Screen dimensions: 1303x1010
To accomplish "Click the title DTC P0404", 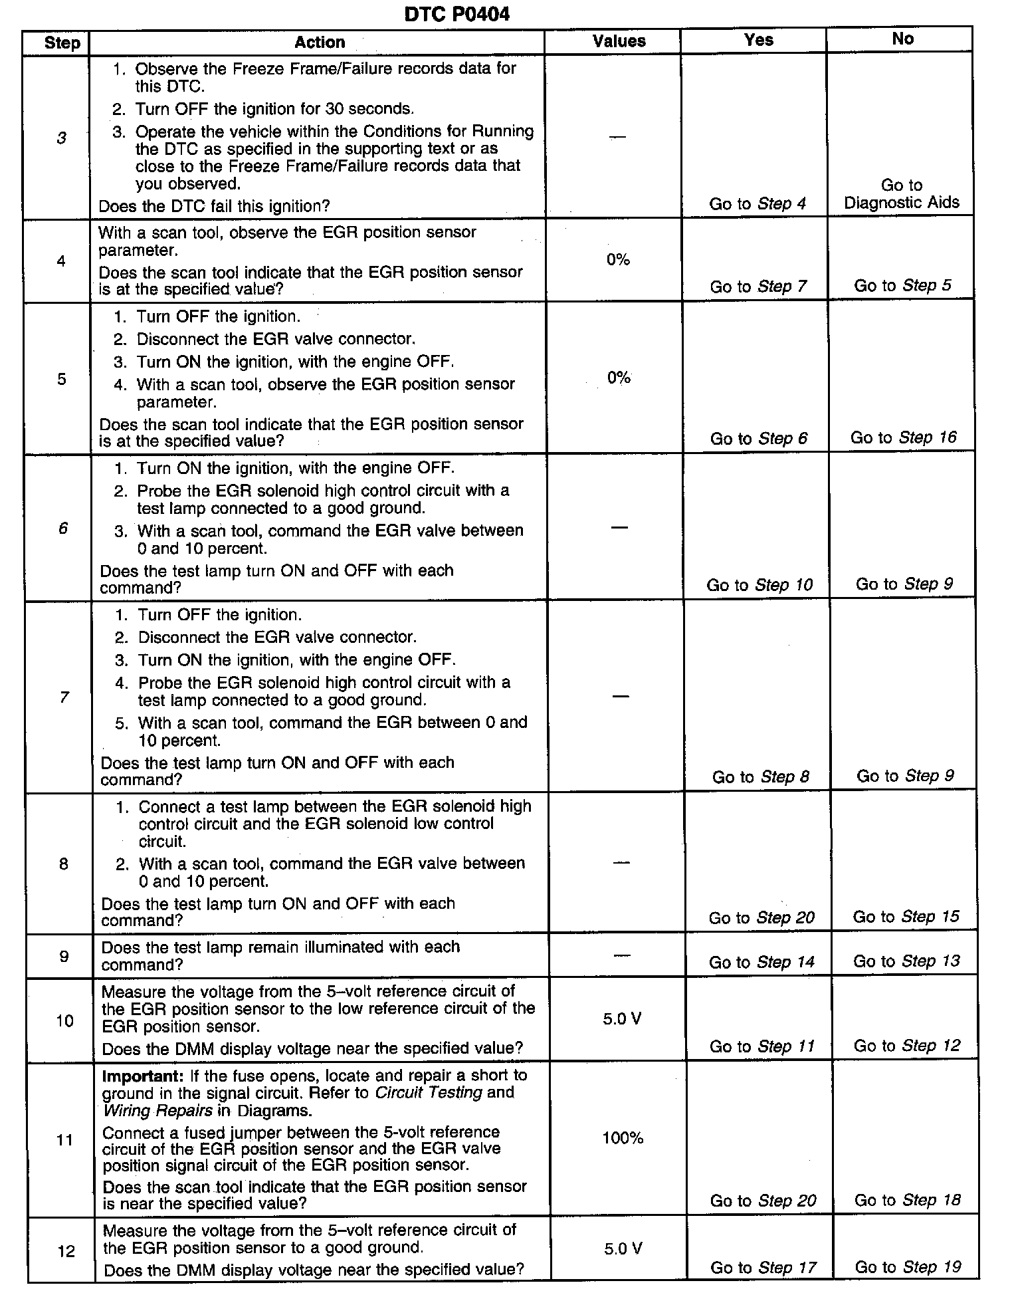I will point(456,14).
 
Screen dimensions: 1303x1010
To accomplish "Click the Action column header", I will point(320,43).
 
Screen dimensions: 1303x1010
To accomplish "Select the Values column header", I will point(619,41).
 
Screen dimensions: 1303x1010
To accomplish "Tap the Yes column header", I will point(758,40).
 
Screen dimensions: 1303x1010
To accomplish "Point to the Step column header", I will point(62,44).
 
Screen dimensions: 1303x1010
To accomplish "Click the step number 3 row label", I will point(61,138).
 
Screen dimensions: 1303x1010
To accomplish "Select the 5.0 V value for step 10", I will point(622,1019).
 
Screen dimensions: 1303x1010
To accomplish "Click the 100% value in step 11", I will point(623,1138).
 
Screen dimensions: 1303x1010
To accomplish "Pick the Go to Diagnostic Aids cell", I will point(902,194).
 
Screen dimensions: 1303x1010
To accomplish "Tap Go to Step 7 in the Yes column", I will point(758,287).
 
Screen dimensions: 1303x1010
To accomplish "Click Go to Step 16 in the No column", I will point(904,437).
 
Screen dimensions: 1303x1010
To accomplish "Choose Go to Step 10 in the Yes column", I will point(759,585).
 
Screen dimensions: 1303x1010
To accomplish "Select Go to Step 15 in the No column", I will point(906,917).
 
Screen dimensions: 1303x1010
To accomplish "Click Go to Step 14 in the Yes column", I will point(761,962).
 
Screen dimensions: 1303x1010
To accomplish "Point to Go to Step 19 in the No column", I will point(908,1267).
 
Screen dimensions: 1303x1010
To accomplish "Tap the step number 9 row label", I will point(64,957).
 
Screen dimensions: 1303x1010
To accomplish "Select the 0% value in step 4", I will point(618,260).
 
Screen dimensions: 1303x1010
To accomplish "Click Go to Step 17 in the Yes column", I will point(763,1268).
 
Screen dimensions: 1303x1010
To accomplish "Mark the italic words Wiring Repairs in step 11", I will point(157,1110).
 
